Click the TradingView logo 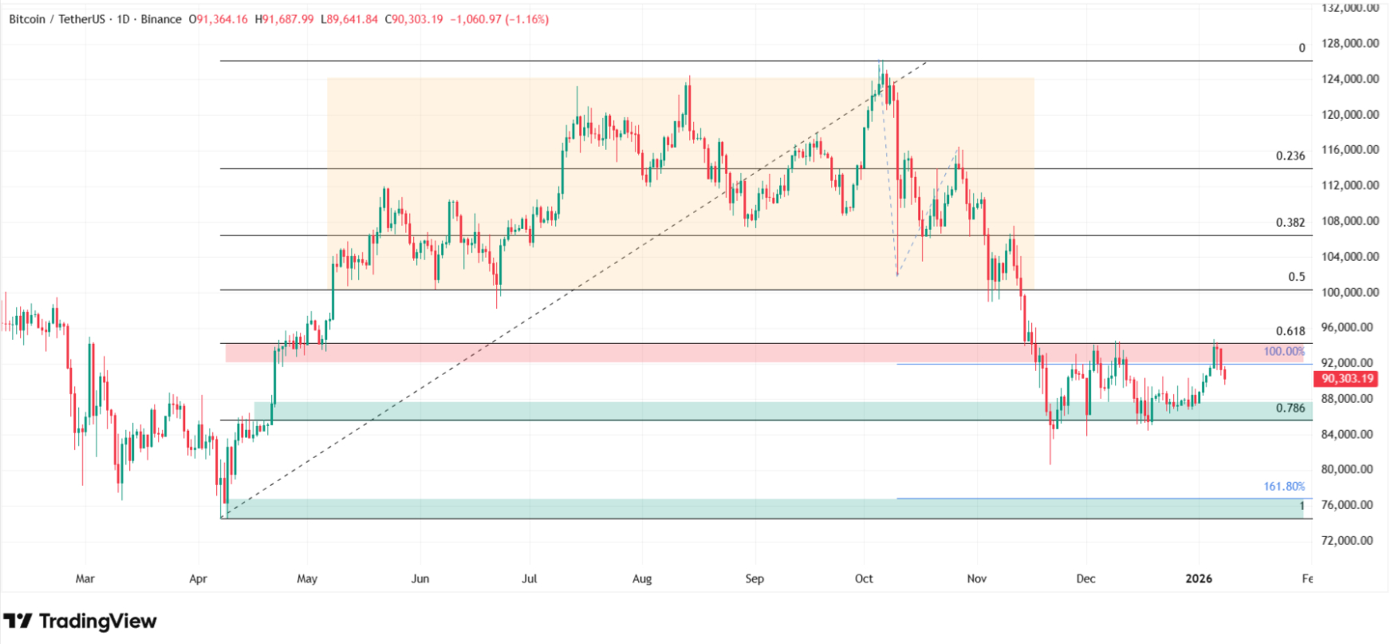(x=80, y=621)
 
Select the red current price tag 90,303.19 (x=1348, y=379)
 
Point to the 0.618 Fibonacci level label (x=1290, y=331)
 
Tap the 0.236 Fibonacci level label (x=1290, y=156)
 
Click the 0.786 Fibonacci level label (x=1290, y=408)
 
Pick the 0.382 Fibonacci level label (x=1290, y=223)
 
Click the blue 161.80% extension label (x=1284, y=486)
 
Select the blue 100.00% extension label (x=1284, y=352)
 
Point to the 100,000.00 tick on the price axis (x=1350, y=292)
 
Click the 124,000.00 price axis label (x=1350, y=79)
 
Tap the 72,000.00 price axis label (x=1350, y=540)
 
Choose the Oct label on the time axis (x=864, y=579)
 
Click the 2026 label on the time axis (x=1199, y=579)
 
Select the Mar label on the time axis (x=85, y=579)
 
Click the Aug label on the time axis (x=642, y=579)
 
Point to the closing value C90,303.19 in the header (x=414, y=19)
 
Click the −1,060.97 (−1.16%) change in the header (x=499, y=19)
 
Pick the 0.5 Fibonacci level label (x=1297, y=277)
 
